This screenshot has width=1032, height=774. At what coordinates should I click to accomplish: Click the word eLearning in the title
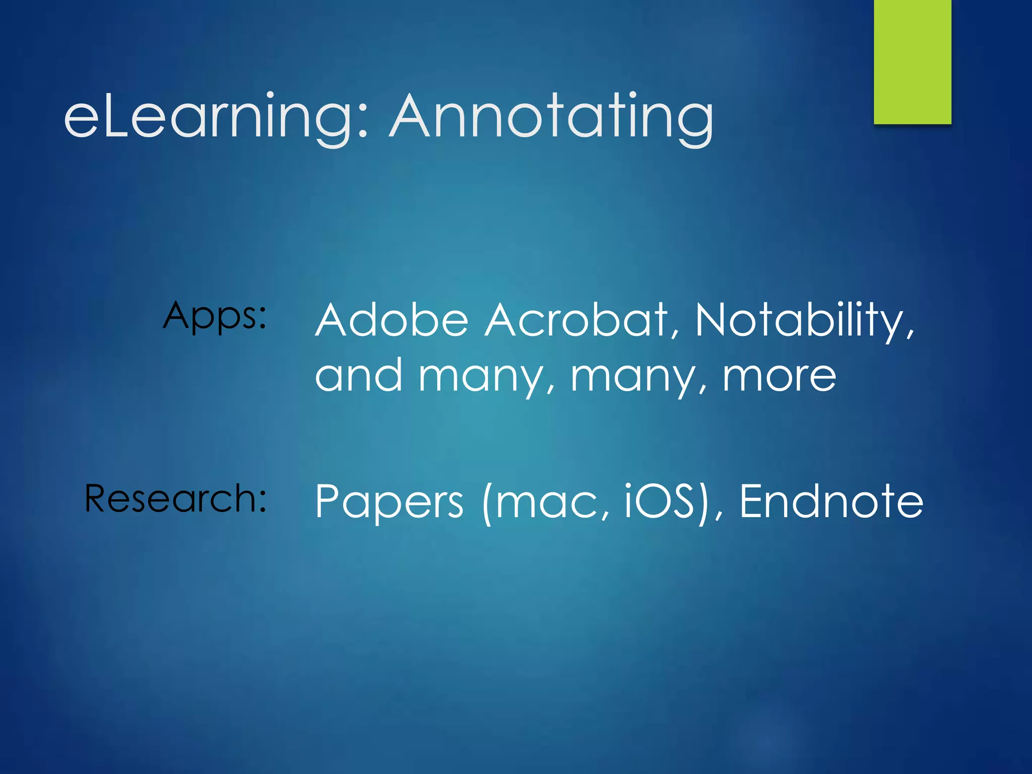(209, 117)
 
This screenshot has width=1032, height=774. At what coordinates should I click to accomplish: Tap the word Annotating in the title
(551, 117)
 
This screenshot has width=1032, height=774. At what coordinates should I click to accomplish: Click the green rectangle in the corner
(912, 61)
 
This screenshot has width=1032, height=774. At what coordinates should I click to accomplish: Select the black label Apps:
(215, 316)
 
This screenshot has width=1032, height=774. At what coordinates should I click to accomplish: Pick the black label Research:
(175, 498)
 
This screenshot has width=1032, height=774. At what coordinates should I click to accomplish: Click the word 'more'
(780, 376)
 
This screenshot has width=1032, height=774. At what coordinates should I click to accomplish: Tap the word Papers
(389, 502)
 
